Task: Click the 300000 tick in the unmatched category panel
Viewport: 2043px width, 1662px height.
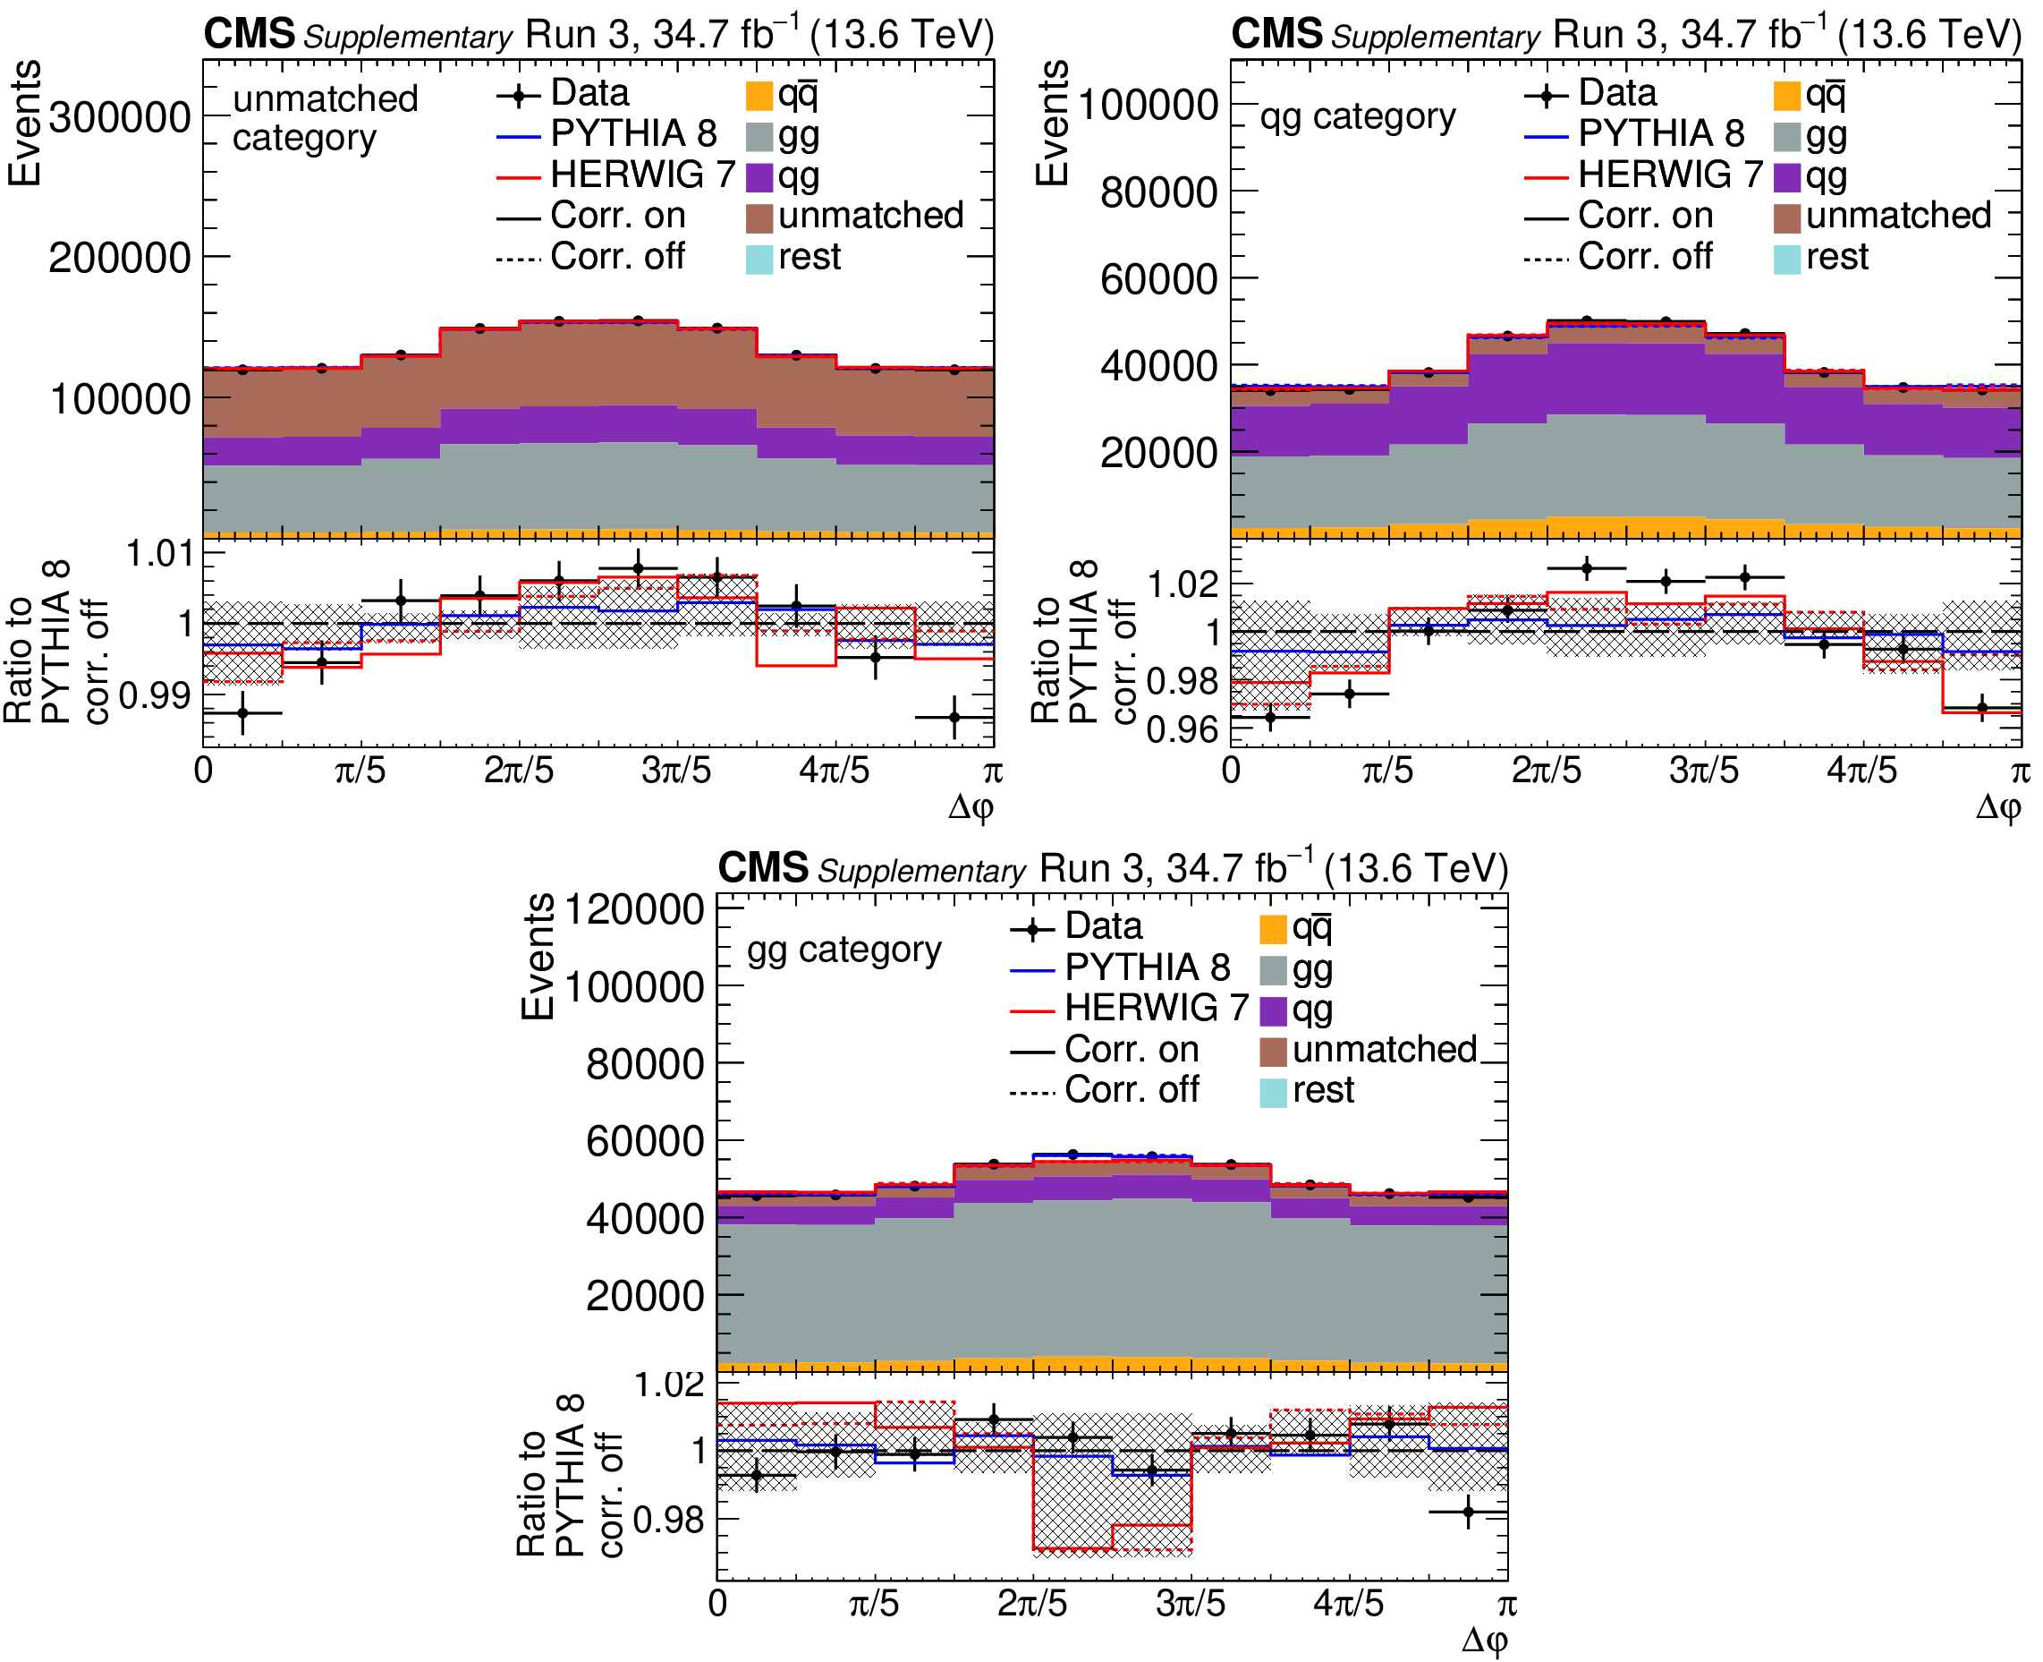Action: tap(120, 119)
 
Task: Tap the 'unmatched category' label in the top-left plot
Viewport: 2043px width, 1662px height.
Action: tap(326, 119)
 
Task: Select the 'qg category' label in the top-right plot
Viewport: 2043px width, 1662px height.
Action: tap(1357, 117)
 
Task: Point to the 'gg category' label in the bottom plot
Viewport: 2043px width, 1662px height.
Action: tap(844, 950)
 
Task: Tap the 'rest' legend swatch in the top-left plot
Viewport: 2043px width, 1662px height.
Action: tap(759, 259)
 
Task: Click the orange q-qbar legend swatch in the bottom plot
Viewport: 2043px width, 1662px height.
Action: tap(1273, 929)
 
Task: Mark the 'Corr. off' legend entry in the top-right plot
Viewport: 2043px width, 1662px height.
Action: tap(1644, 257)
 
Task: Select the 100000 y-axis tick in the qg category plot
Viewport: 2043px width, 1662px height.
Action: tap(1148, 105)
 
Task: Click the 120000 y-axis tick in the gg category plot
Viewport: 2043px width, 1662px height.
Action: tap(635, 909)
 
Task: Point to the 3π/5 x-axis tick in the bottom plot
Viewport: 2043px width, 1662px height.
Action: tap(1191, 1604)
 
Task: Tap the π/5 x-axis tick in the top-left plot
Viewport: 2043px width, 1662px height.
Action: tap(360, 771)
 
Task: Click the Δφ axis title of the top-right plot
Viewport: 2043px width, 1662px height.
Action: tap(1998, 807)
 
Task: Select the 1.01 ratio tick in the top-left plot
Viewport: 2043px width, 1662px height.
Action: tap(160, 553)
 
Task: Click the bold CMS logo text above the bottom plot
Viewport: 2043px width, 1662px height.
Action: tap(763, 868)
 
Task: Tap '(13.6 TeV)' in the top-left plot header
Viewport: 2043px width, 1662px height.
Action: tap(902, 36)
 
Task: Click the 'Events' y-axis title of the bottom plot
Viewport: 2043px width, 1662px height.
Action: tap(537, 957)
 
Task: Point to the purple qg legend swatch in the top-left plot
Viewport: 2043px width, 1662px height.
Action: tap(759, 177)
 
